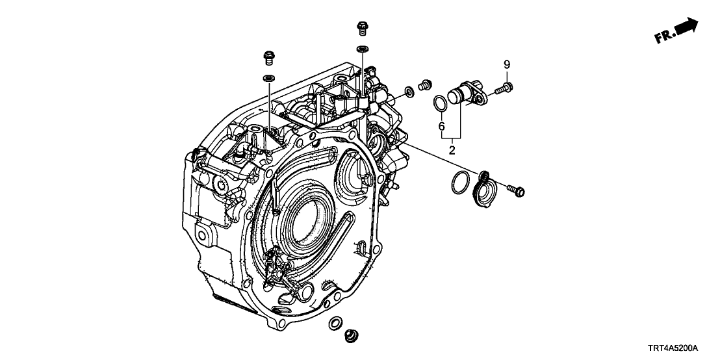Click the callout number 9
coord(507,64)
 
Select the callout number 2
coord(452,150)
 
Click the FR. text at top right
coord(665,37)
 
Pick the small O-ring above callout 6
coord(440,102)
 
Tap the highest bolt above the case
coord(362,29)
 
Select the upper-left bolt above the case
coord(268,58)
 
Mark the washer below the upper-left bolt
coord(268,79)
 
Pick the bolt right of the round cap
coord(516,190)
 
